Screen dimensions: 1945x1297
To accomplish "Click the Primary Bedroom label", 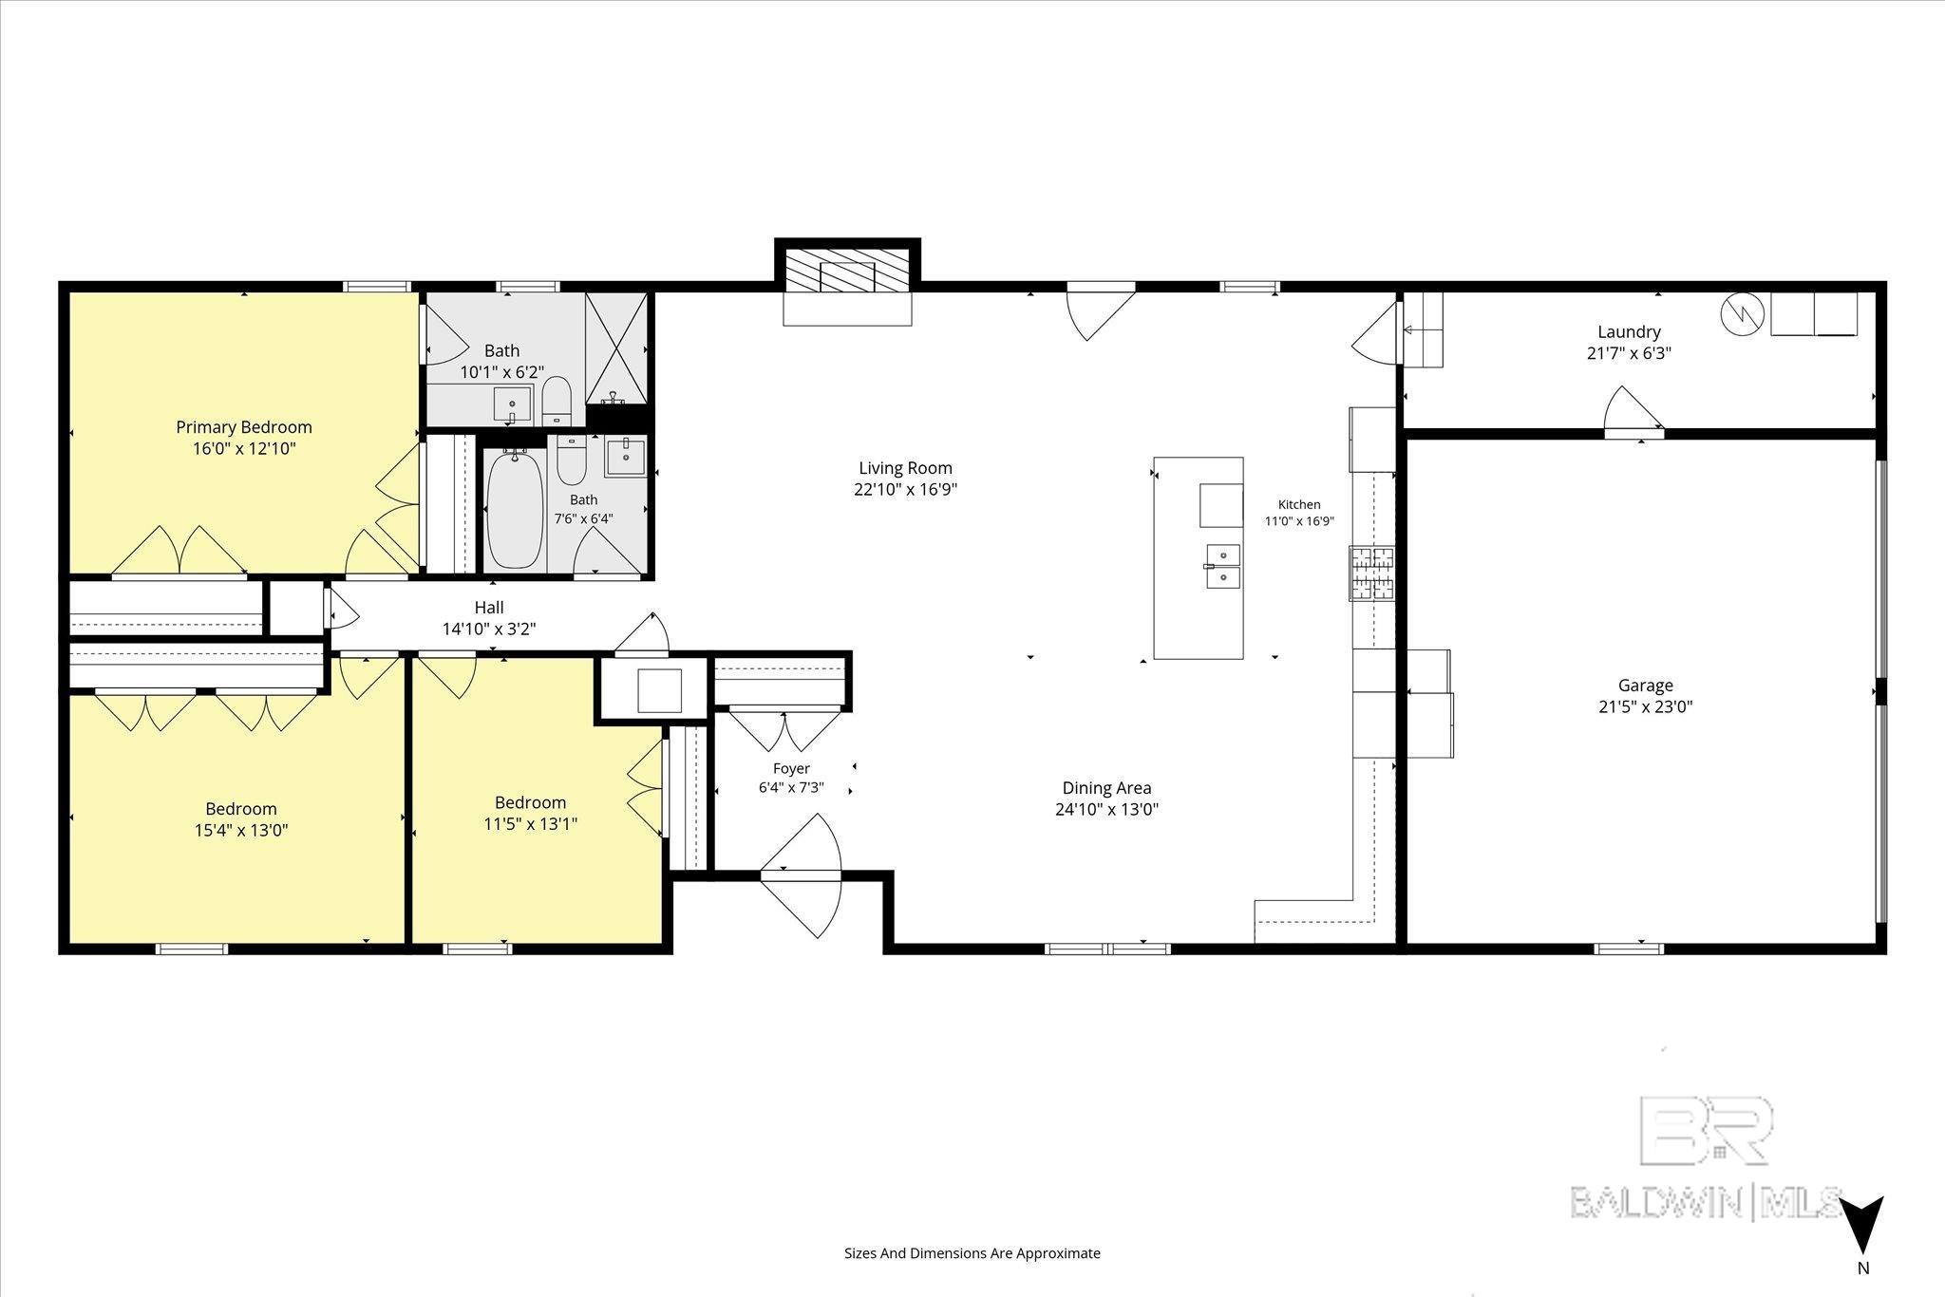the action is tap(244, 427).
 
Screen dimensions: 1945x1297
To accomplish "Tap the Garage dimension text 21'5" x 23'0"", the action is tap(1646, 706).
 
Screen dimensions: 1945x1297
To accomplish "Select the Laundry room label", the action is tap(1629, 331).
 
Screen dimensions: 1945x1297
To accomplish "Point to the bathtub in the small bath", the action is tap(516, 510).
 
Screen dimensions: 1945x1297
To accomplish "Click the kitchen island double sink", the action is tap(1223, 567).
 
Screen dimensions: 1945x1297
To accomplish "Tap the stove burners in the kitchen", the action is tap(1372, 573).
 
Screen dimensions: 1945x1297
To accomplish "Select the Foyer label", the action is tap(791, 768).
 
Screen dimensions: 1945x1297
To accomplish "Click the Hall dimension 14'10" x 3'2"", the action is tap(489, 629).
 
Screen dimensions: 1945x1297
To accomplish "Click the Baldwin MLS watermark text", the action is tap(1707, 1201).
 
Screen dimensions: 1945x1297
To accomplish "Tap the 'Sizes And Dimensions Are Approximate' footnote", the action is tap(972, 1253).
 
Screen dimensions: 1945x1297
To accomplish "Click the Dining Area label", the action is tap(1106, 788).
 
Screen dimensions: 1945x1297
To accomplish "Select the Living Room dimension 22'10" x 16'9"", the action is tap(905, 490).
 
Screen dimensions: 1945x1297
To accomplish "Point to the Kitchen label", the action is tap(1298, 505).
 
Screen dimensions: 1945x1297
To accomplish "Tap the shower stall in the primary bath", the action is tap(616, 348).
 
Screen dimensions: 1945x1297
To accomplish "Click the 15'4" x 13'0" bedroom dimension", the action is tap(241, 830).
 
